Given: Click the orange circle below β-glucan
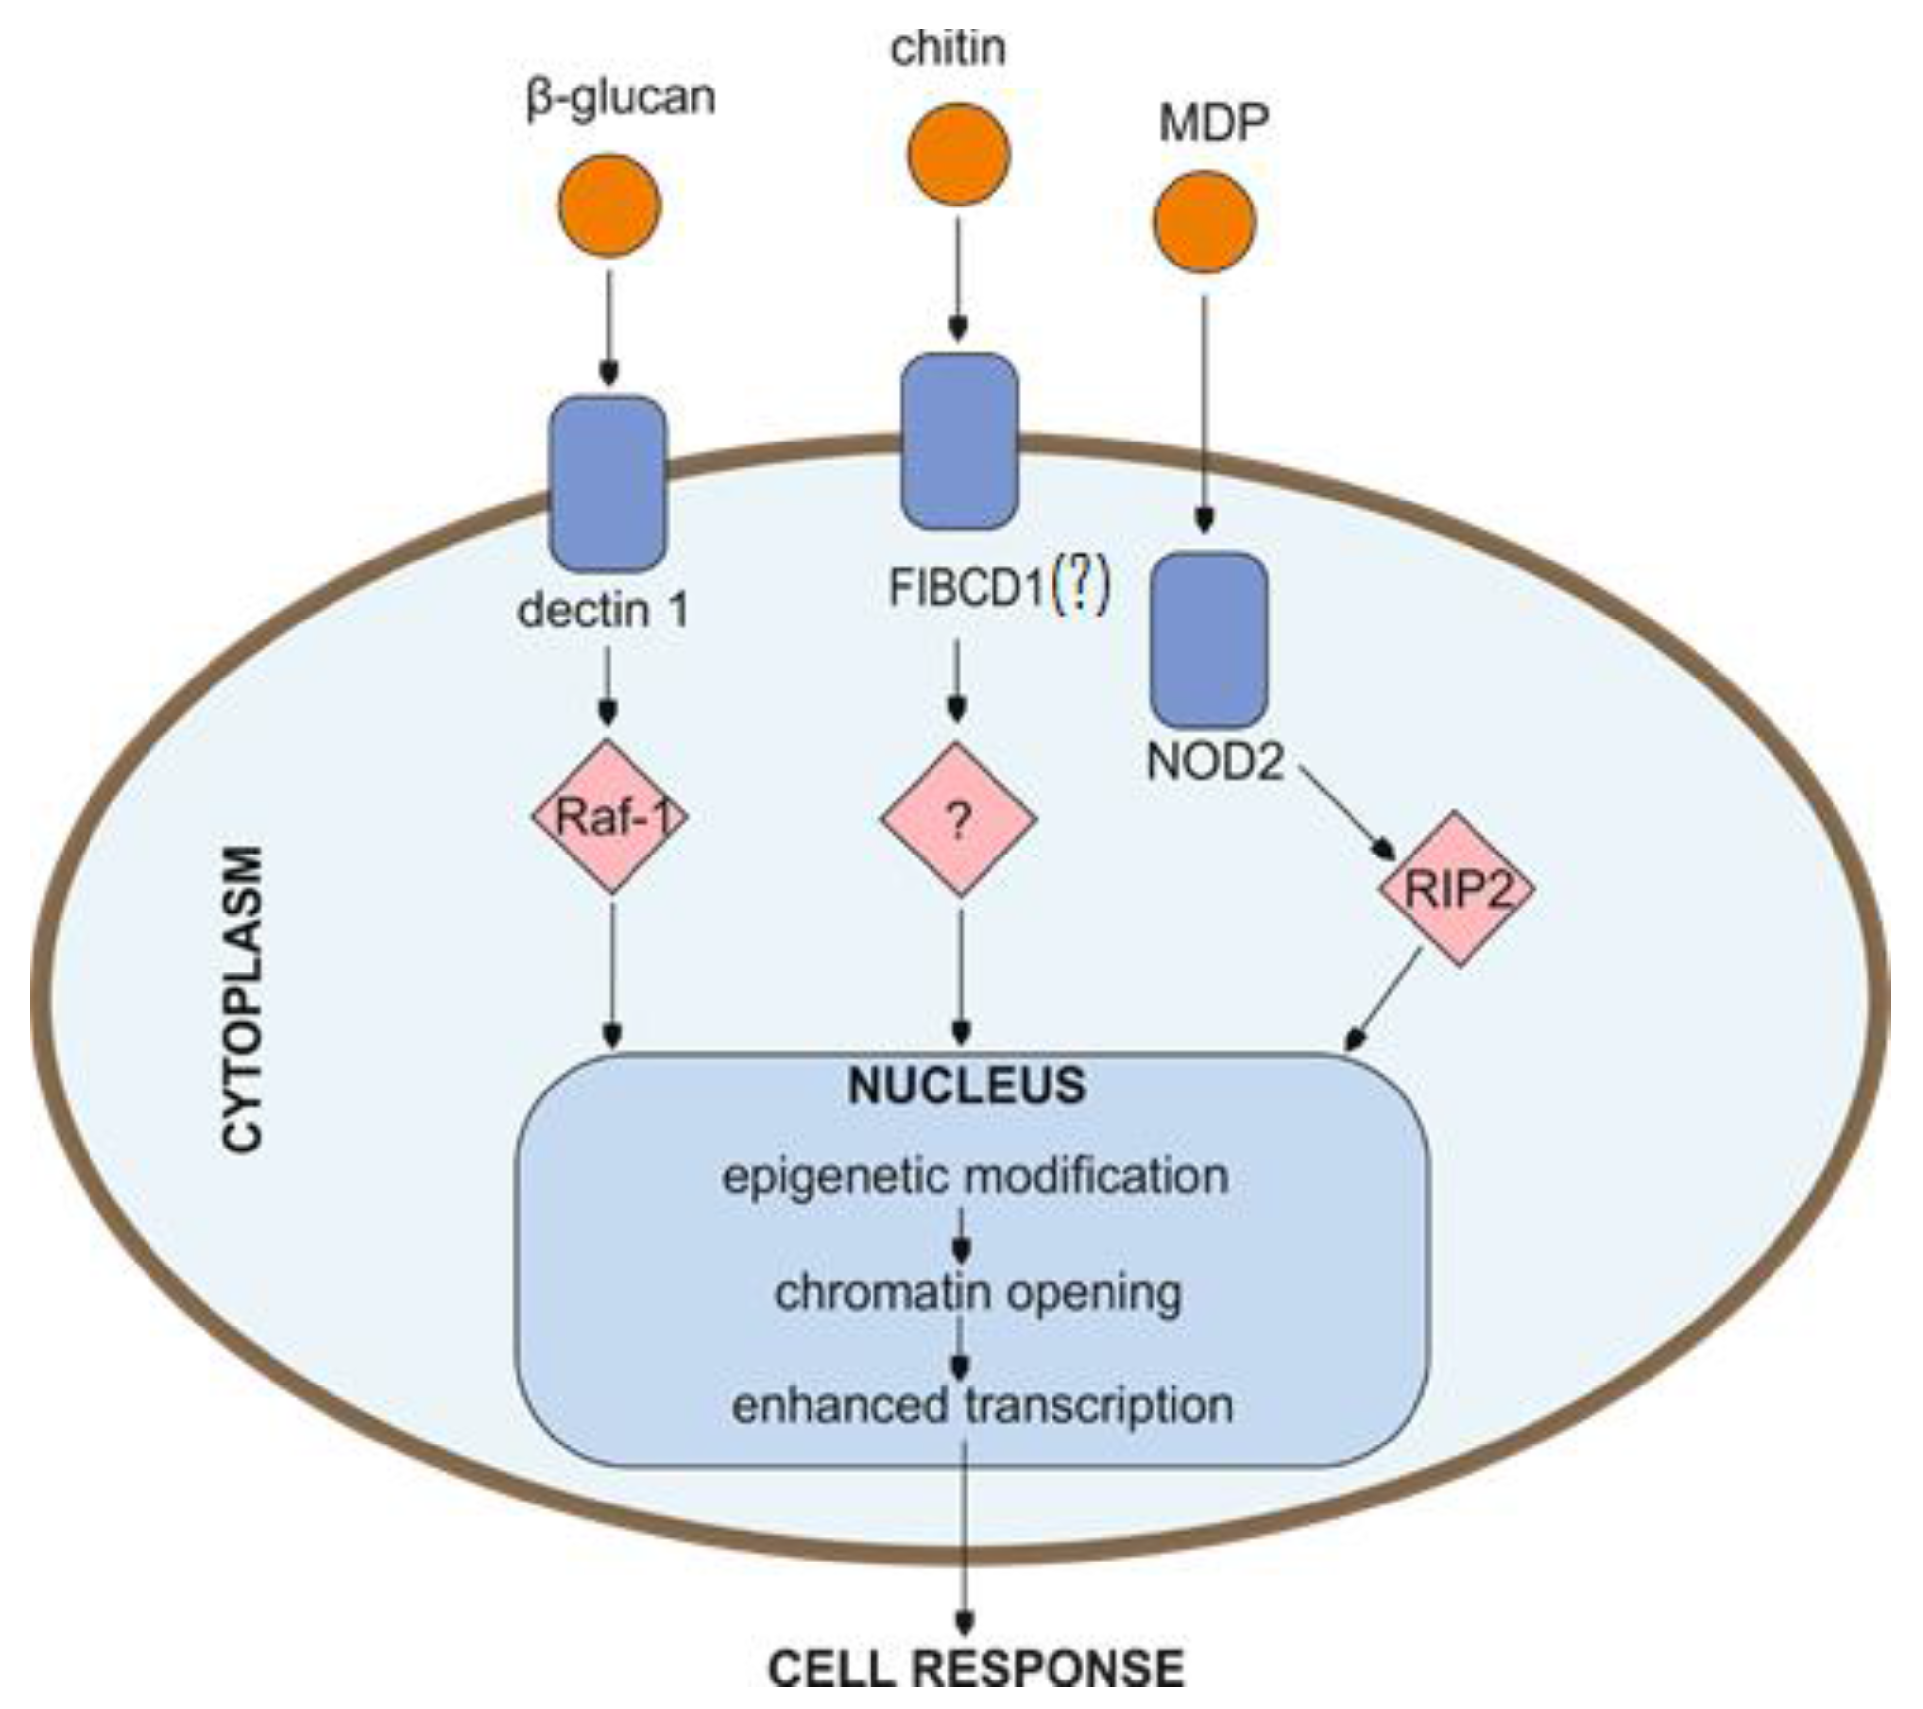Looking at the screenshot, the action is [609, 206].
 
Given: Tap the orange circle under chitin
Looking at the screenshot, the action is [958, 154].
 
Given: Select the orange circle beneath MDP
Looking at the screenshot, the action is [1204, 221].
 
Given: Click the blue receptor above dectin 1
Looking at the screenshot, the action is [607, 484].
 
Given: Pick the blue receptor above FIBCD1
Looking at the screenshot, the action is [959, 441].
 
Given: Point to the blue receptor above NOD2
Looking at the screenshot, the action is [1209, 639].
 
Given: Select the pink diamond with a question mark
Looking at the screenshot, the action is [959, 819].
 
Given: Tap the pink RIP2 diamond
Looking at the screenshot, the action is [1457, 889].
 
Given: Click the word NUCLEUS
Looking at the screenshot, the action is [967, 1086].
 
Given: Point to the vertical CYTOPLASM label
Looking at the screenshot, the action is [242, 998].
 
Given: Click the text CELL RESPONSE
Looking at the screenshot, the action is [977, 1669].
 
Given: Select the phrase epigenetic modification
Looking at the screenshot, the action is [976, 1176].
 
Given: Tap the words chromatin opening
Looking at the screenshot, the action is [979, 1292].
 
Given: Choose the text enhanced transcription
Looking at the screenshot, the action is [982, 1404].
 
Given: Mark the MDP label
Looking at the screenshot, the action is [1214, 124].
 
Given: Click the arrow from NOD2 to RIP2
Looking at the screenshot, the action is [1348, 814].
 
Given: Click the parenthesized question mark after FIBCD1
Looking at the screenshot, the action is [1081, 587].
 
